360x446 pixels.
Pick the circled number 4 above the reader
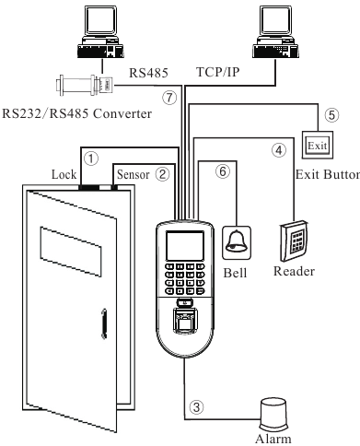pyautogui.click(x=275, y=149)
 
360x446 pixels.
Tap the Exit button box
pyautogui.click(x=316, y=146)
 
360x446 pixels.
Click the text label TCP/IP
pyautogui.click(x=221, y=72)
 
